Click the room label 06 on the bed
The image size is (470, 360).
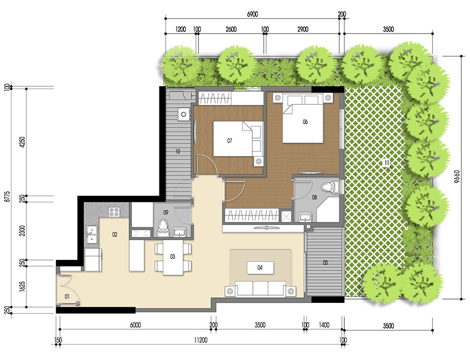click(x=305, y=122)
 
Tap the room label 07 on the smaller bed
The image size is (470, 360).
click(x=230, y=141)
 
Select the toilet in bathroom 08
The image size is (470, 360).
click(x=329, y=188)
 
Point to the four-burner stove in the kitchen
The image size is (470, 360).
click(x=114, y=212)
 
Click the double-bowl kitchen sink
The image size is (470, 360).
click(x=91, y=236)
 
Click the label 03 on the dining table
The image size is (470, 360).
click(x=172, y=257)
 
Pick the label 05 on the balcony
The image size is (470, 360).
click(x=325, y=263)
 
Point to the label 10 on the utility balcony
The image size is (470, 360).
click(x=178, y=151)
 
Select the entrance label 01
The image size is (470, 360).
click(x=67, y=297)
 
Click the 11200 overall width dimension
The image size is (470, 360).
click(x=201, y=341)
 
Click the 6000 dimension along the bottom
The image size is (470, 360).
click(x=135, y=325)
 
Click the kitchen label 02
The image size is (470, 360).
click(x=115, y=235)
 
